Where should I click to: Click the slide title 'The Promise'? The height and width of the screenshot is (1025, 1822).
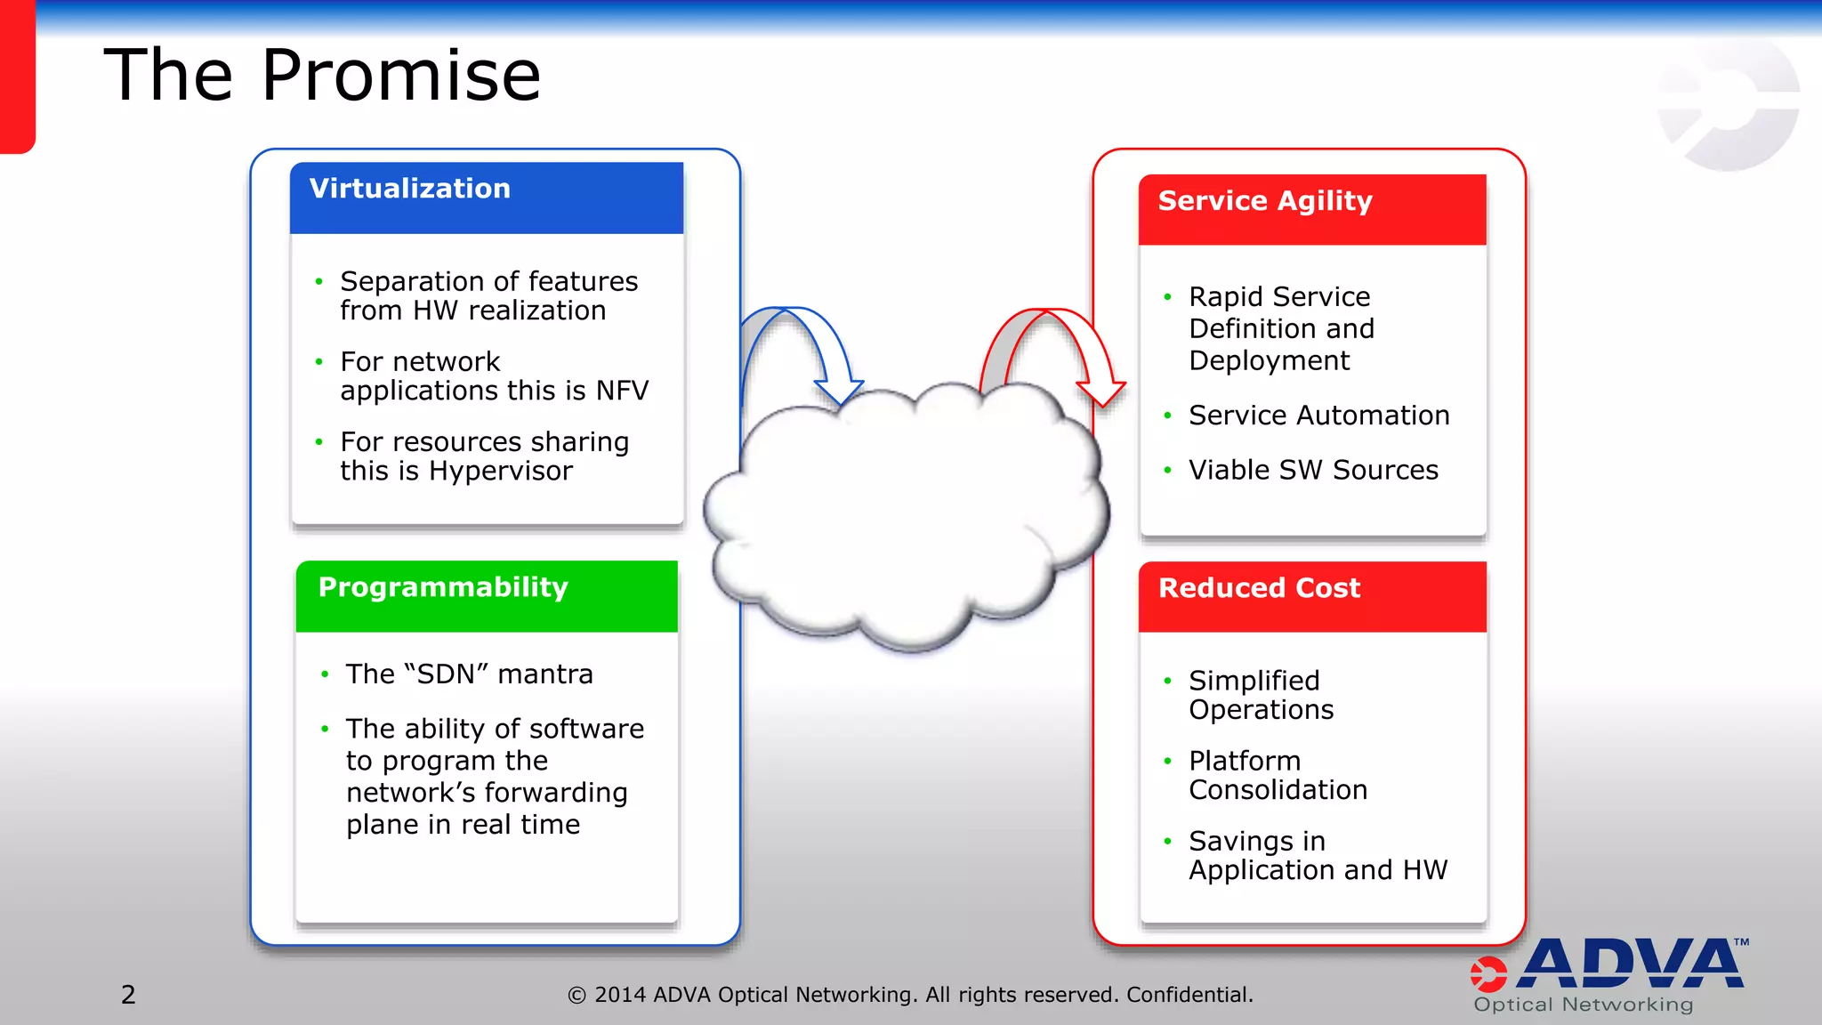tap(322, 75)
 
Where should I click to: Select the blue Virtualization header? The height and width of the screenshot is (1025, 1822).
tap(486, 198)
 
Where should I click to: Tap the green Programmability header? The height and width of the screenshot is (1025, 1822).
tap(486, 595)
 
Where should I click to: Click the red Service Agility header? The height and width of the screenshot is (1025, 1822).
tap(1311, 209)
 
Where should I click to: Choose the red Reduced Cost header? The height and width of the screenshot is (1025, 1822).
tap(1311, 596)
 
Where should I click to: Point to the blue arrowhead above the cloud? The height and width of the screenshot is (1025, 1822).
tap(838, 390)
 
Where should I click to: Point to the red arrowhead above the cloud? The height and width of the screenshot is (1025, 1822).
tap(1101, 391)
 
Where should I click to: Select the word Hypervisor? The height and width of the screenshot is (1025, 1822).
tap(500, 471)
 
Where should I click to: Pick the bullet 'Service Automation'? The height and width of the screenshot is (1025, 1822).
tap(1318, 416)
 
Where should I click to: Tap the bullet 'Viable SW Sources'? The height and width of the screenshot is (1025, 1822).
tap(1313, 470)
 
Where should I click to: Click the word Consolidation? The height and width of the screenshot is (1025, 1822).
tap(1278, 790)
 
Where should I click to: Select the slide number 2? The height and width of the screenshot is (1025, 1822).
tap(128, 995)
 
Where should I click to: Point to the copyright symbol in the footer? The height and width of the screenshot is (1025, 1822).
tap(576, 996)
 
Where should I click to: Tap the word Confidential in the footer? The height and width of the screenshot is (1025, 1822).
tap(1189, 995)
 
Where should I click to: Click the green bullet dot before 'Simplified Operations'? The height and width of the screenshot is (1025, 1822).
tap(1167, 682)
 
